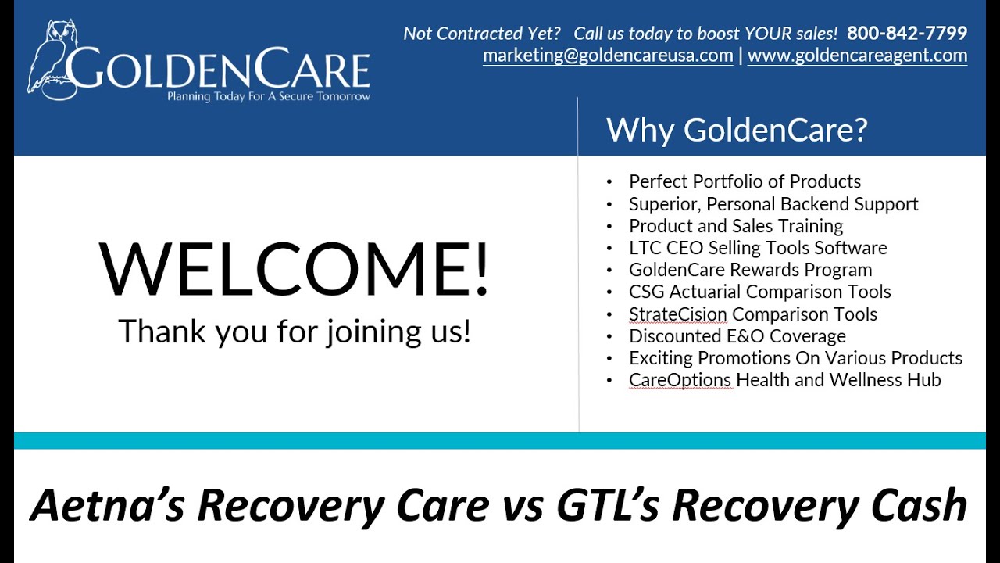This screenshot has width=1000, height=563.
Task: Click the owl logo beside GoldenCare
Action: click(x=48, y=59)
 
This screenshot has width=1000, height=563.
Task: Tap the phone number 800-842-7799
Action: click(x=907, y=34)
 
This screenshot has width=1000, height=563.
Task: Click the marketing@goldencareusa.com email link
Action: click(x=608, y=56)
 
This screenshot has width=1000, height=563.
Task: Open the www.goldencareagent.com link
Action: click(x=857, y=56)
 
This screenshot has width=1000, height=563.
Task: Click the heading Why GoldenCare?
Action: click(x=736, y=130)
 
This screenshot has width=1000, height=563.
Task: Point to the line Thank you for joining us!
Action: click(x=295, y=332)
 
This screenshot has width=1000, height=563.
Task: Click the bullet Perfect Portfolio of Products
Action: click(x=745, y=181)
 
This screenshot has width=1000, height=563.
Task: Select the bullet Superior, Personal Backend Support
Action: click(x=773, y=204)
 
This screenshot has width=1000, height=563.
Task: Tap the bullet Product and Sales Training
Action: click(x=736, y=226)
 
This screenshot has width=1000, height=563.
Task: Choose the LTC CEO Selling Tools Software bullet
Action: click(x=758, y=248)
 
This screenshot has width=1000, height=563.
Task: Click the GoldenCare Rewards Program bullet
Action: click(x=750, y=270)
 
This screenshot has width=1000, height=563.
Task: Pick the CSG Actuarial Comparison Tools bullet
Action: click(x=759, y=292)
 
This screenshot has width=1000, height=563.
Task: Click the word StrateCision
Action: click(x=678, y=314)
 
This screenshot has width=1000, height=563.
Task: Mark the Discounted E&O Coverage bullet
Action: click(x=737, y=336)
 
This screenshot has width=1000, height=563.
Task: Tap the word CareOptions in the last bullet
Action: click(x=680, y=380)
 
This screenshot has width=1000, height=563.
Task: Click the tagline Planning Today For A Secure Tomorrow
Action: click(x=269, y=97)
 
